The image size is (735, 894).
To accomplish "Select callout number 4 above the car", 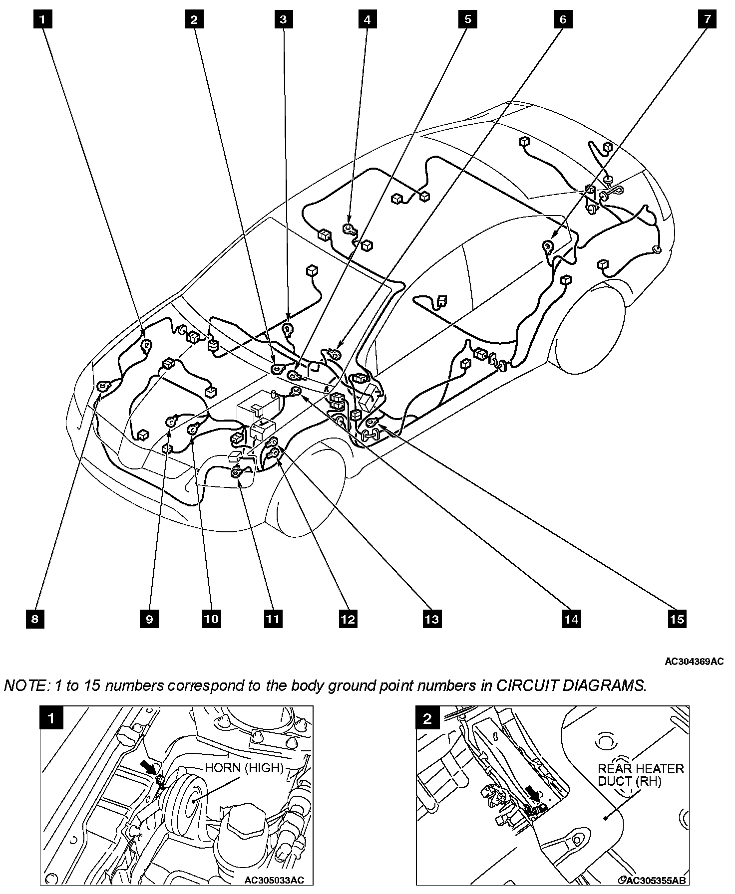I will [x=367, y=19].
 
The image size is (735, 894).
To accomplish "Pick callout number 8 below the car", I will [x=35, y=619].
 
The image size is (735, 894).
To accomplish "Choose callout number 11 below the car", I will [x=273, y=619].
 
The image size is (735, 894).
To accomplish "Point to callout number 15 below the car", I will [x=677, y=619].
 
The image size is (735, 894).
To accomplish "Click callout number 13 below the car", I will [x=431, y=619].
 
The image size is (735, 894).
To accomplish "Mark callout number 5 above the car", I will [x=467, y=19].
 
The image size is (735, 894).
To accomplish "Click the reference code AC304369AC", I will [x=694, y=662].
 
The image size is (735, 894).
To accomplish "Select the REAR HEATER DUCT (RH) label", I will [x=641, y=775].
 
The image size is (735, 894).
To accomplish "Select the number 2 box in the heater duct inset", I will [x=427, y=718].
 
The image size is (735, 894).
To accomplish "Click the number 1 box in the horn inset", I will [x=51, y=718].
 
